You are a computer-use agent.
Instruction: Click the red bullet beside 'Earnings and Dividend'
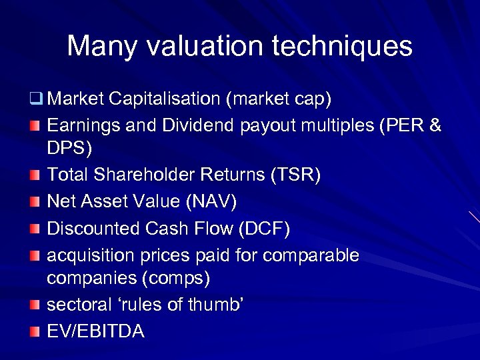35,126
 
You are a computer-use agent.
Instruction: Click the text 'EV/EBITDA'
95,331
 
